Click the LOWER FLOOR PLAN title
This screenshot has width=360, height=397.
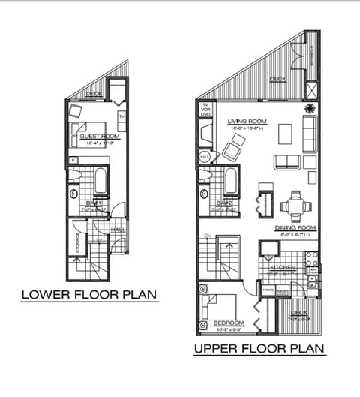coord(88,295)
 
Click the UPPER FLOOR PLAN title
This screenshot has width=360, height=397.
coord(259,349)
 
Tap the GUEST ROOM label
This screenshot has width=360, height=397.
coord(99,136)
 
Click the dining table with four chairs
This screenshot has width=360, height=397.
coord(293,204)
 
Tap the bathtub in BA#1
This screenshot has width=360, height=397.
coord(103,181)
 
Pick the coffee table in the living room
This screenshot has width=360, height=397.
coord(285,134)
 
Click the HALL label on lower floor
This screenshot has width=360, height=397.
coord(118,230)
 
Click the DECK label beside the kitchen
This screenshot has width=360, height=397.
coord(298,313)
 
